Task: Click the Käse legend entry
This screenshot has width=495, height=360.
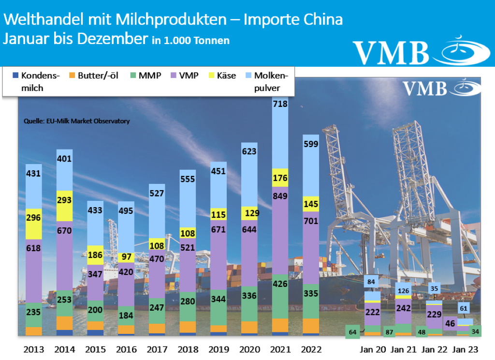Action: coord(222,75)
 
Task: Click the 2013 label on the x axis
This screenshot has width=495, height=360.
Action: coord(33,349)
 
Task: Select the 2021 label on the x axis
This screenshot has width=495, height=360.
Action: coord(280,349)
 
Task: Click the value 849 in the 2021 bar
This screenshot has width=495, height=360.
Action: coord(280,196)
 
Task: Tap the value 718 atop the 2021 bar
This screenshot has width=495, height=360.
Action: coord(280,104)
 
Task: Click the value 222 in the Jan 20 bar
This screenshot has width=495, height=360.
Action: coord(372,313)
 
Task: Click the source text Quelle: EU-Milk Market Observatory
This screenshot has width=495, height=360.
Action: coord(76,121)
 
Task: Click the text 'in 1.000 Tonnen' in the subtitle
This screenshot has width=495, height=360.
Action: coord(190,41)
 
